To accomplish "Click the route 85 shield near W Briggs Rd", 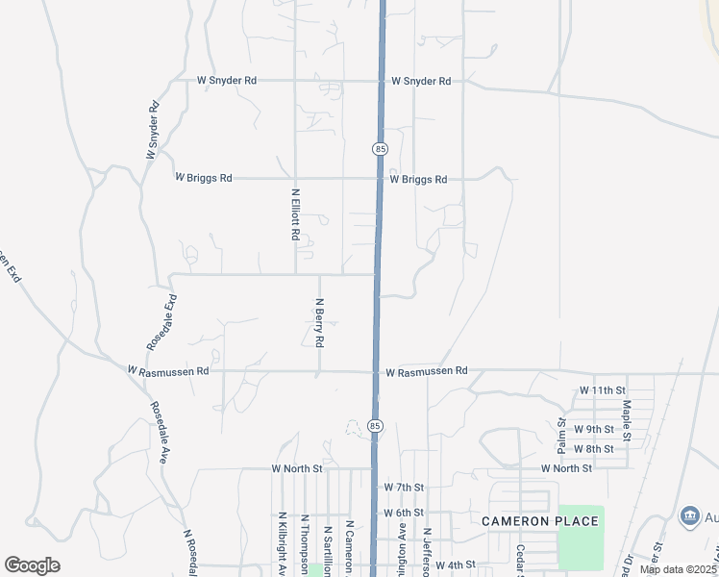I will coord(380,149).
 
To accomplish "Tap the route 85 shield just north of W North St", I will coord(375,425).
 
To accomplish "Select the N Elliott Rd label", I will coord(295,214).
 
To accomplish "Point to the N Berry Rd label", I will coord(319,322).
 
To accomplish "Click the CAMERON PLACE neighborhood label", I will coord(540,521).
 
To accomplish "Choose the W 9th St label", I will coord(593,429).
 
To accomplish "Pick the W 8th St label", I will coord(593,449).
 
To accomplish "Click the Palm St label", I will coord(562,436).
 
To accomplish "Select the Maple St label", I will coord(626,421).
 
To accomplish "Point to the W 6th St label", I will coord(404,514).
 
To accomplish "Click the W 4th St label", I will coord(458,564).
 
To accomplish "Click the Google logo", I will coord(32,565).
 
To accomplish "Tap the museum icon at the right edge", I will coord(689,516).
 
